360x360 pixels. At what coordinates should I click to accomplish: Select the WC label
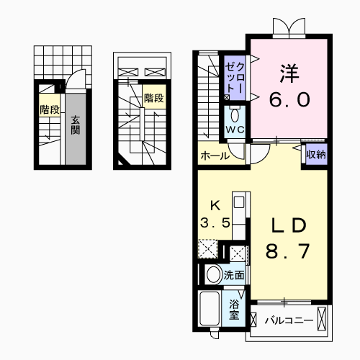[x=235, y=130]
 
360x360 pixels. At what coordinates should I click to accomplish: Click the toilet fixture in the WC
[x=235, y=114]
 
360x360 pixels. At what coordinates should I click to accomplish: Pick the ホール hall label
[x=215, y=156]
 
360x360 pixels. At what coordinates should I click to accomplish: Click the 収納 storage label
[x=315, y=153]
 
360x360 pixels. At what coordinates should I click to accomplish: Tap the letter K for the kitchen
[x=214, y=204]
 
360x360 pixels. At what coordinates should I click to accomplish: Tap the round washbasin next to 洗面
[x=213, y=274]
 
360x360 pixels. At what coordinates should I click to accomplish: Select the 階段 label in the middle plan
[x=153, y=97]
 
